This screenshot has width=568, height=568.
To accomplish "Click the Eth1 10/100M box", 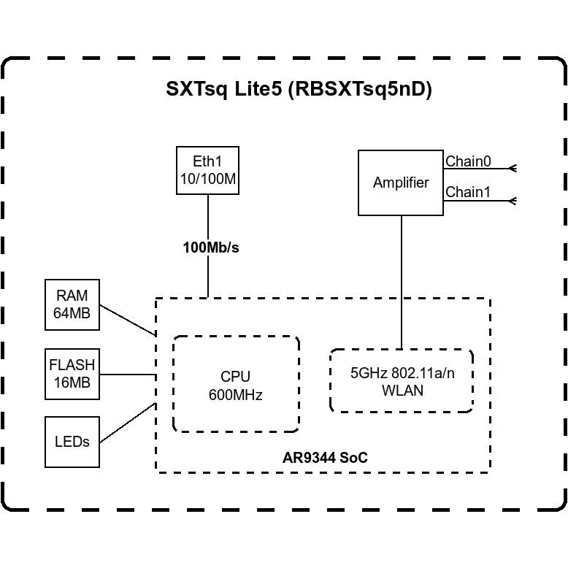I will (x=208, y=171).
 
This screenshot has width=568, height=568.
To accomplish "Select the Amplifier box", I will (x=400, y=183).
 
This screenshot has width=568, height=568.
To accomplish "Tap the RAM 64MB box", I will (x=72, y=304).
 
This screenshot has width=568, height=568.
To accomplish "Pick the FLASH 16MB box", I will (x=72, y=374).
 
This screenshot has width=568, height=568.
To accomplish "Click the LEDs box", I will (x=72, y=442).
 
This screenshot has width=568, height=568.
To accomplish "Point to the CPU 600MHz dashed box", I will (x=235, y=385).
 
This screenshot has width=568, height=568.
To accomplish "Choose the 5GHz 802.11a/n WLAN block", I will (x=401, y=380).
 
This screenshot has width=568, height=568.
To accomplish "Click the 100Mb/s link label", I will (x=210, y=247).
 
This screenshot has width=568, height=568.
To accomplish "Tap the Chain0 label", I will (x=468, y=161).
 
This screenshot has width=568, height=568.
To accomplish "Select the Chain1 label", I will (x=468, y=192).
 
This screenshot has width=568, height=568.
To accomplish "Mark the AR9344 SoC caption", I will (x=325, y=458).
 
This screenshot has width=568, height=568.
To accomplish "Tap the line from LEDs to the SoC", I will (x=128, y=423).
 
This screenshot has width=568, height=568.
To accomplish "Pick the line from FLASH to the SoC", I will (x=128, y=375).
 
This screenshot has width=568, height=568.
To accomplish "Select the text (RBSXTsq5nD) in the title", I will (x=360, y=89).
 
